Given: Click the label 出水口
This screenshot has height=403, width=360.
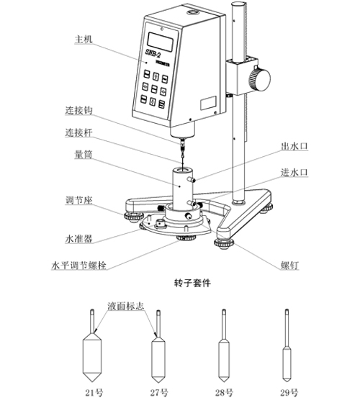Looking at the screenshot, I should [294, 145].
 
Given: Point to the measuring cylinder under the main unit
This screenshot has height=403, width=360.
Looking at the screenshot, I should [180, 189].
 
